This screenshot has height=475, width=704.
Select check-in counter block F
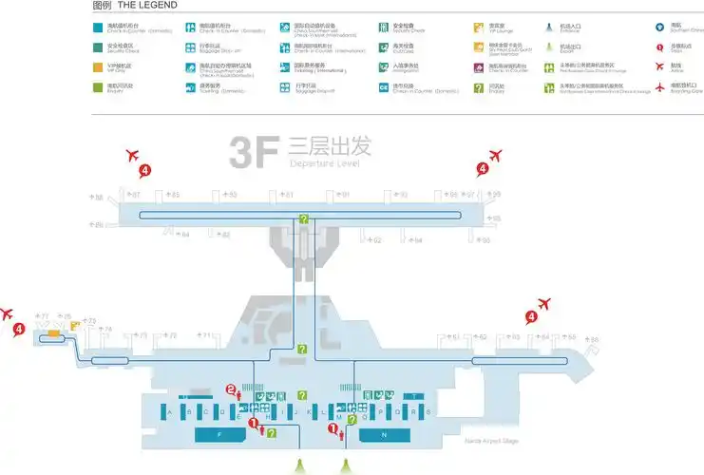click(x=219, y=434)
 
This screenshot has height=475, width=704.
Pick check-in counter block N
click(x=384, y=434)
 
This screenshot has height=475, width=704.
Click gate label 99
click(x=495, y=195)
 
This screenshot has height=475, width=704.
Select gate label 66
click(x=595, y=339)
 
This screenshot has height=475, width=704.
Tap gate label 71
click(x=207, y=336)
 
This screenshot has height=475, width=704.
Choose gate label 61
click(x=455, y=336)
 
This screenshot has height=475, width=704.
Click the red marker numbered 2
click(x=230, y=389)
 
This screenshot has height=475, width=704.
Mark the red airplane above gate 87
click(x=132, y=155)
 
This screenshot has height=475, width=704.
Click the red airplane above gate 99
click(x=494, y=155)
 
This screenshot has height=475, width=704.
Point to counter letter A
click(x=168, y=412)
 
